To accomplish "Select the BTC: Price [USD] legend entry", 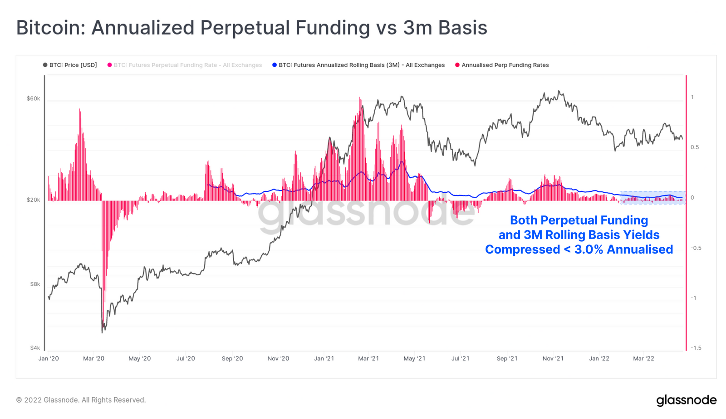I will tap(70, 65).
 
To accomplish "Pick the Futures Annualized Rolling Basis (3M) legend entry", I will tap(358, 65).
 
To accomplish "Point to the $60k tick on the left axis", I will tap(34, 99).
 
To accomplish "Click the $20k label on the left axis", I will tap(34, 200).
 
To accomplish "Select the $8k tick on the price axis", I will tap(35, 284).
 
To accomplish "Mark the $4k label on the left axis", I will tap(35, 348).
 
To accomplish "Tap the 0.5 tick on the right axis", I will tap(695, 147).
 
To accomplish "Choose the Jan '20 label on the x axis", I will tap(49, 359).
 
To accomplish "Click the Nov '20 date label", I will tap(278, 359).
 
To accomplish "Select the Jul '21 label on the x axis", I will tap(461, 359).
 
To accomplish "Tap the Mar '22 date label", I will tap(643, 359).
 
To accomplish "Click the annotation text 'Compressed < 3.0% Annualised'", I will tap(579, 249).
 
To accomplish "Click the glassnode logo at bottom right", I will tap(686, 400).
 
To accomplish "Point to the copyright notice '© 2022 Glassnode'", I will tap(81, 400).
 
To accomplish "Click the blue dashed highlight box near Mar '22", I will tap(653, 197).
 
